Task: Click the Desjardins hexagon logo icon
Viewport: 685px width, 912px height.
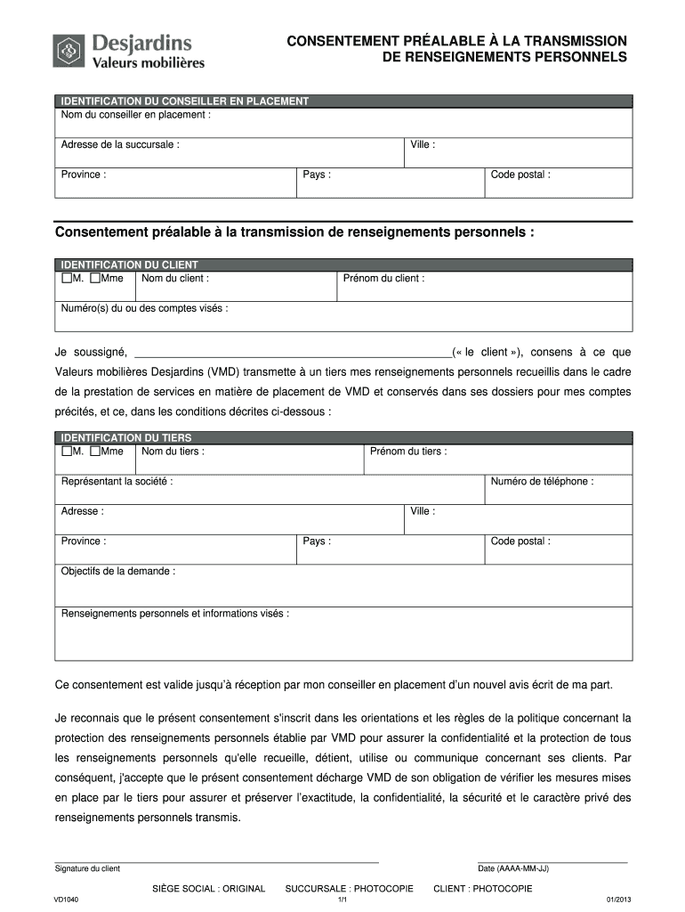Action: [x=68, y=50]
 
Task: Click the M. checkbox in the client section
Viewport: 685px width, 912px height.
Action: [x=66, y=279]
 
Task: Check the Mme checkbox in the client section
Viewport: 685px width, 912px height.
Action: [x=96, y=279]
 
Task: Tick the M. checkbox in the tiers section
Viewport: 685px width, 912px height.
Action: [x=66, y=452]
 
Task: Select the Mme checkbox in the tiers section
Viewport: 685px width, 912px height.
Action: [x=96, y=452]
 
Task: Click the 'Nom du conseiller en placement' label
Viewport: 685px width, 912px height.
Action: [x=135, y=115]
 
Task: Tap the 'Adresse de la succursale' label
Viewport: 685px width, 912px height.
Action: [x=119, y=144]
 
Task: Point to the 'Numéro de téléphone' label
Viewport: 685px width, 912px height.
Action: [x=542, y=482]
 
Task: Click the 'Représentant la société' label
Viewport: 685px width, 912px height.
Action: [x=117, y=482]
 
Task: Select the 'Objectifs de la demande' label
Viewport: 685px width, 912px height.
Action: [x=117, y=571]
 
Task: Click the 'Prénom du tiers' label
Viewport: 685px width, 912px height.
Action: [x=408, y=452]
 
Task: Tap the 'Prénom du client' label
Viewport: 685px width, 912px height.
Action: [x=383, y=279]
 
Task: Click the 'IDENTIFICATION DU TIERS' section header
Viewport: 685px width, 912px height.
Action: [x=125, y=438]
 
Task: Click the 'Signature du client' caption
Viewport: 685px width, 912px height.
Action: [x=87, y=868]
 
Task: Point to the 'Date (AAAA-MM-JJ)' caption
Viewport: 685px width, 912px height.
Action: [x=513, y=868]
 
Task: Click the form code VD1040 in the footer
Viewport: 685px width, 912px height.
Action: [x=67, y=900]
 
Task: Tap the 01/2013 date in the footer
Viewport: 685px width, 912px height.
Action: [x=618, y=900]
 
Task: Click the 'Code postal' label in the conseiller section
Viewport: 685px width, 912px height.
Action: [x=520, y=175]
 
